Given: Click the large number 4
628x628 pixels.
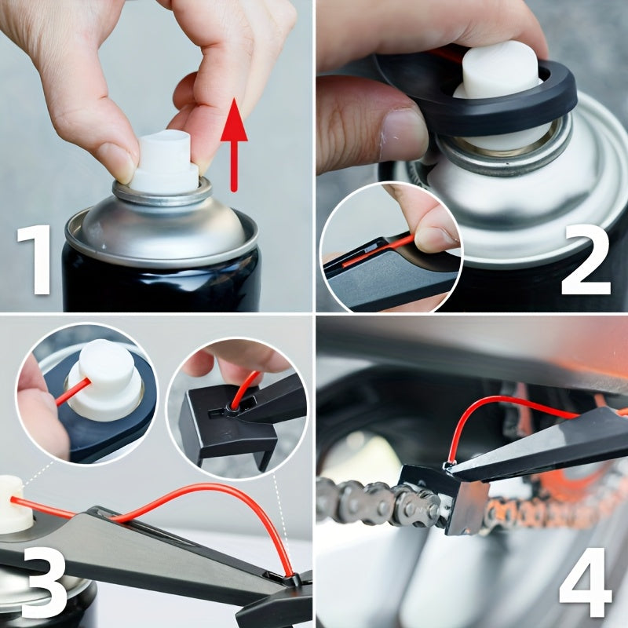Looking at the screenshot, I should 585,577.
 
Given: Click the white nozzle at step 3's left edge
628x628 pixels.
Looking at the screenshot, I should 16,502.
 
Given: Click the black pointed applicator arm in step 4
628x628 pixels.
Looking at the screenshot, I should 542,447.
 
